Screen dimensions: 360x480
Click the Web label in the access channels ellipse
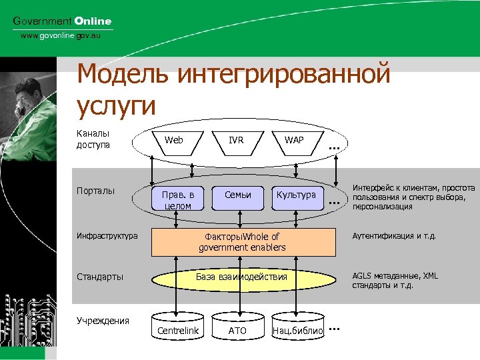174,140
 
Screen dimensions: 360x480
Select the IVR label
236,140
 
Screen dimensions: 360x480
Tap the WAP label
294,140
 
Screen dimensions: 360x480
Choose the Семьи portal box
238,195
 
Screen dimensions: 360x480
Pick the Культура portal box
297,195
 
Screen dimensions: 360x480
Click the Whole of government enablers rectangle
243,242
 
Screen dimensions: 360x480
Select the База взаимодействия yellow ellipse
241,277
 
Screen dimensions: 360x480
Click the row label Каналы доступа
93,139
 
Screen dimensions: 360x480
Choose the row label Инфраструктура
107,235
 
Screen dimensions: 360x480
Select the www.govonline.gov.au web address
61,35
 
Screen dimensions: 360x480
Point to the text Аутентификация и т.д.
393,235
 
